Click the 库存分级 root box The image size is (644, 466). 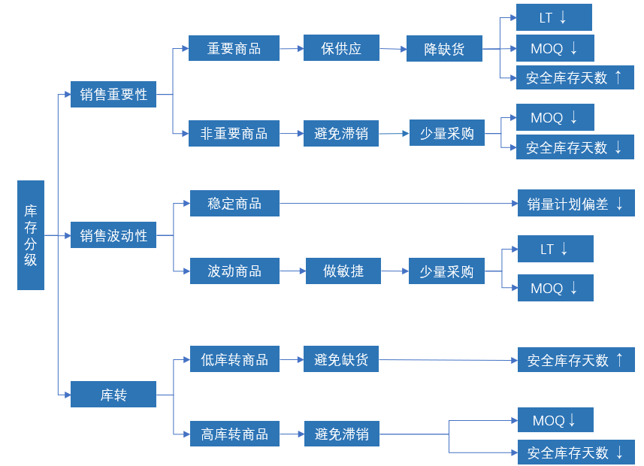31,235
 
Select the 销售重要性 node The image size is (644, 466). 113,95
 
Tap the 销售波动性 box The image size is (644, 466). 113,236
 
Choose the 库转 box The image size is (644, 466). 113,395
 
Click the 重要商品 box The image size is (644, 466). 234,49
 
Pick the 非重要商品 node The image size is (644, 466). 234,133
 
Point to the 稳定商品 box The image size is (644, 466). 234,203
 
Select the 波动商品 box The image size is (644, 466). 234,271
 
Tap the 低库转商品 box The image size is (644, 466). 234,359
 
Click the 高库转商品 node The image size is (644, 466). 234,434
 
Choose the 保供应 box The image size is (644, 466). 341,48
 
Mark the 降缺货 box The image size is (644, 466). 443,50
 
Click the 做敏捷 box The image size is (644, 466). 343,271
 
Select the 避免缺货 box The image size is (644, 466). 341,359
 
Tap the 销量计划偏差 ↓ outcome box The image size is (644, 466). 576,203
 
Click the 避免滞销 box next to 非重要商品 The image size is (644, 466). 341,133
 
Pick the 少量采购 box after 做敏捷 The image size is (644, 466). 446,271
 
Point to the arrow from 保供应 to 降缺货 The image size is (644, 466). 392,49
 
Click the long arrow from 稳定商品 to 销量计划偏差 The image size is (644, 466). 398,203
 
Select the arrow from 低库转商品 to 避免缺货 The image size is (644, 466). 292,359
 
